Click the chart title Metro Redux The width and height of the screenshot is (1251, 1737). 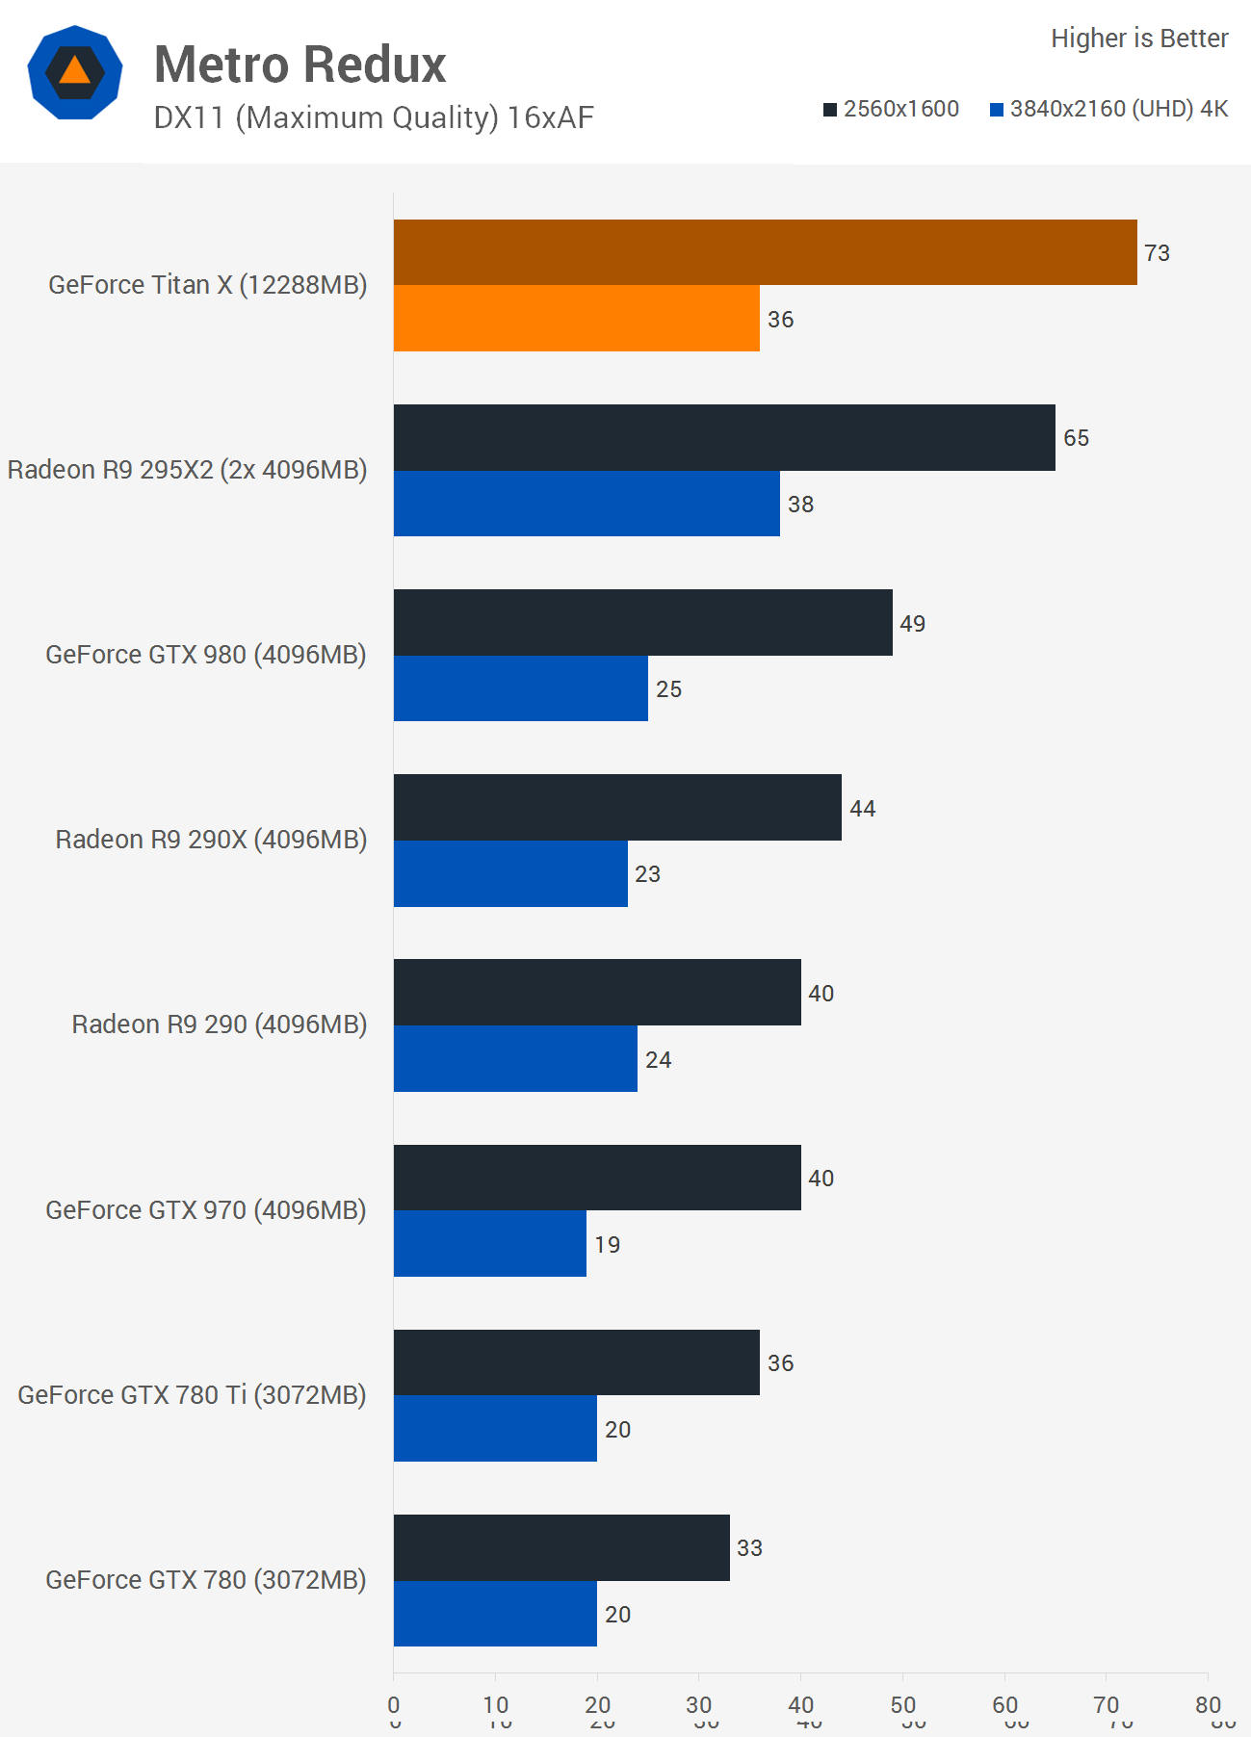click(300, 65)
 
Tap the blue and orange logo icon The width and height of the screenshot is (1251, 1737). click(75, 72)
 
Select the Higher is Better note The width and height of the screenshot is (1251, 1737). click(1139, 39)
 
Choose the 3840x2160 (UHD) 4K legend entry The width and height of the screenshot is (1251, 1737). click(1109, 109)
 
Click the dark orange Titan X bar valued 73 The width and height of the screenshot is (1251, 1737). click(765, 252)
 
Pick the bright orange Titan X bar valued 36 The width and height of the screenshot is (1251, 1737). click(576, 318)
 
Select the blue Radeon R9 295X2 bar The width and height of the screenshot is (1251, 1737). click(586, 504)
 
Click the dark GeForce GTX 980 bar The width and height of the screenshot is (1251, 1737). click(642, 622)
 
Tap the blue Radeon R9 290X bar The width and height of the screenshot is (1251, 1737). click(510, 873)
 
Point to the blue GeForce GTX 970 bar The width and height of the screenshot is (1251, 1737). click(489, 1243)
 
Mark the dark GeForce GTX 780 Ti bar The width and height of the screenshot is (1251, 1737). click(576, 1362)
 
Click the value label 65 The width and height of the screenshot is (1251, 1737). click(1076, 438)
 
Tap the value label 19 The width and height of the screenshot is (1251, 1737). click(607, 1245)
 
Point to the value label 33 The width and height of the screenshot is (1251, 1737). click(749, 1548)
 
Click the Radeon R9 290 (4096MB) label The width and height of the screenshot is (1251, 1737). click(220, 1024)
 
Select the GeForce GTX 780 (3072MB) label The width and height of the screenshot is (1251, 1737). click(206, 1580)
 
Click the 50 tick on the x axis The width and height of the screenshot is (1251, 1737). click(902, 1705)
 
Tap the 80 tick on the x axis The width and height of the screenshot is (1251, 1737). click(1208, 1705)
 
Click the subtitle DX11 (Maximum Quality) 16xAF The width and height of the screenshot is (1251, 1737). click(374, 117)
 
